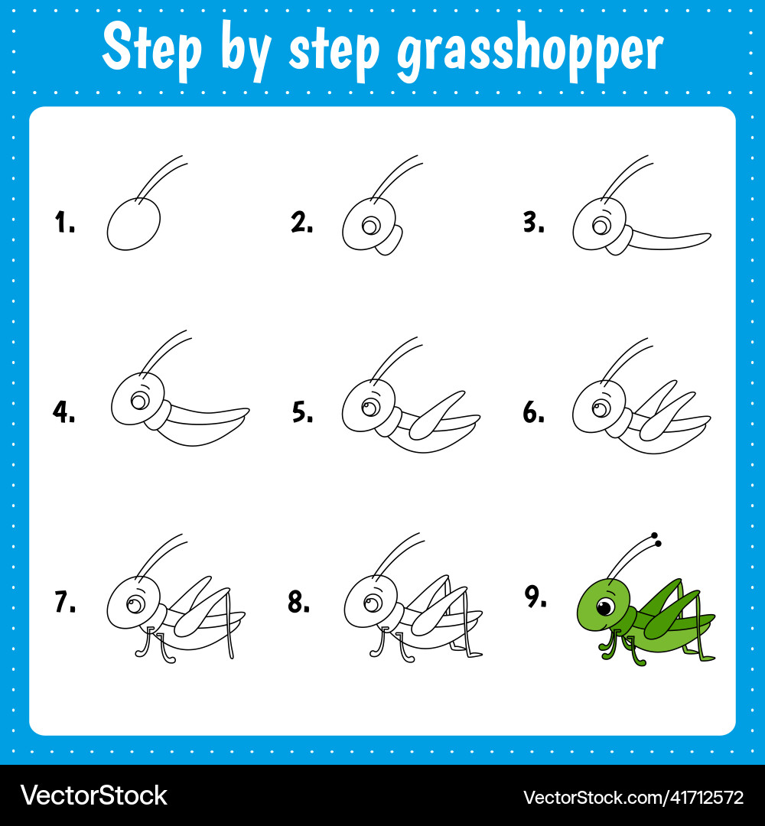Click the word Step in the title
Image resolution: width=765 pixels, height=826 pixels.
pyautogui.click(x=151, y=48)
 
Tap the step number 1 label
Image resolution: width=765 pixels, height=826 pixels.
pyautogui.click(x=65, y=222)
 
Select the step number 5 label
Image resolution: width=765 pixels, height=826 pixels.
pyautogui.click(x=302, y=412)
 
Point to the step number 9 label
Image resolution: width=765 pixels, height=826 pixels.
pyautogui.click(x=535, y=597)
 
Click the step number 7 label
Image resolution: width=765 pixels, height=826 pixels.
pyautogui.click(x=65, y=602)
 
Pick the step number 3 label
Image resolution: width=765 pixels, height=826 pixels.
pyautogui.click(x=534, y=223)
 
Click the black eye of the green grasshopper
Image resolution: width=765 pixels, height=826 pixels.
pyautogui.click(x=605, y=606)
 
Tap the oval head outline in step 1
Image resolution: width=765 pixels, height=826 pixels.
pyautogui.click(x=133, y=224)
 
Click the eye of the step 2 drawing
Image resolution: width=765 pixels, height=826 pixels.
pyautogui.click(x=371, y=226)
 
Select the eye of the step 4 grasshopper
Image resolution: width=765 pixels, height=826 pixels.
pyautogui.click(x=140, y=402)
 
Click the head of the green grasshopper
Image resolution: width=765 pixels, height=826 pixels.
pyautogui.click(x=604, y=604)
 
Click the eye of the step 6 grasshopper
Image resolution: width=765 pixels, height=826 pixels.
pyautogui.click(x=601, y=408)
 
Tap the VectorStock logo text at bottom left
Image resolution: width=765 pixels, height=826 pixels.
pyautogui.click(x=94, y=795)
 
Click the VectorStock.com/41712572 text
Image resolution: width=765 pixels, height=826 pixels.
pyautogui.click(x=633, y=797)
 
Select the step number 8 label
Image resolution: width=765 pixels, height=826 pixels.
pyautogui.click(x=298, y=602)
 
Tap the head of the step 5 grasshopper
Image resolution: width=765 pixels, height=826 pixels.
pyautogui.click(x=369, y=406)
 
